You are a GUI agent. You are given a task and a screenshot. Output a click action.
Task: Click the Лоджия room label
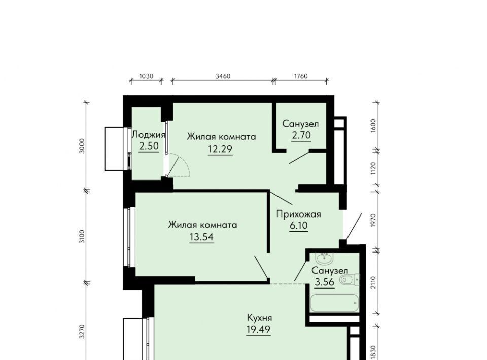click(149, 135)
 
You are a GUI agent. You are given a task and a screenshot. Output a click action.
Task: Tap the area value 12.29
click(220, 149)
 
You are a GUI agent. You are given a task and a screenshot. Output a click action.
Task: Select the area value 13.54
click(201, 237)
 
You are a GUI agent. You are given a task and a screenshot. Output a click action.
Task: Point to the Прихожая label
click(298, 214)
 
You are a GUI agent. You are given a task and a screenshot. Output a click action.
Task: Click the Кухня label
click(260, 318)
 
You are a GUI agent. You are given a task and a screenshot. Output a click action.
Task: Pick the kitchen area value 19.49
click(258, 329)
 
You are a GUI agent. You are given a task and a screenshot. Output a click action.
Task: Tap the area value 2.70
click(301, 135)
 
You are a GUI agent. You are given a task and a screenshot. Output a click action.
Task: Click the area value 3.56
click(325, 282)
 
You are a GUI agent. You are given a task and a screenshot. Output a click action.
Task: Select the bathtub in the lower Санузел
click(334, 303)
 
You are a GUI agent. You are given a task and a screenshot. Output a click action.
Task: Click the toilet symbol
click(350, 280)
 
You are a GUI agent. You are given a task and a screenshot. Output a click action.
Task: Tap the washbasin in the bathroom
click(324, 258)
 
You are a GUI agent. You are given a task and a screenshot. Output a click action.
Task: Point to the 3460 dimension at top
click(223, 76)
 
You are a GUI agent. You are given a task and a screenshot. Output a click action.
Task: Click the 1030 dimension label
click(146, 76)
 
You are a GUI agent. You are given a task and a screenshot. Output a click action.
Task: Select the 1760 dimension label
click(300, 76)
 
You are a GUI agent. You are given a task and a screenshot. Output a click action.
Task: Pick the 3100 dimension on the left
click(82, 236)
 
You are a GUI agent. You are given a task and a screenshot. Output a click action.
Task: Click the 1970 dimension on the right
click(373, 220)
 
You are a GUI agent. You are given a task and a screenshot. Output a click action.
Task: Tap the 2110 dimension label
click(373, 283)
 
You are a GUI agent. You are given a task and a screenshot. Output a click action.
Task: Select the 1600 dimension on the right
click(373, 126)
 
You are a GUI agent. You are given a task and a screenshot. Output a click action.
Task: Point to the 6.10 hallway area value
click(299, 225)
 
